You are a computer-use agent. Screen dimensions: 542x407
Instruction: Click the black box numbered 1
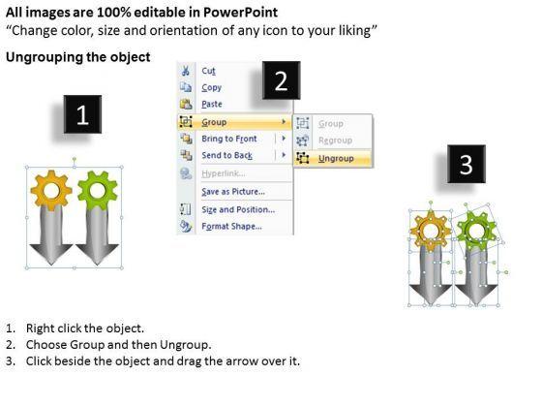coord(82,114)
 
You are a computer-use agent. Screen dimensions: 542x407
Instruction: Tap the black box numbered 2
coord(281,80)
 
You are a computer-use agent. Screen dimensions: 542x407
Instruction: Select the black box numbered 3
coord(467,164)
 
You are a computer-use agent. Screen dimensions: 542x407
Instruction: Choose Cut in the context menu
coord(208,71)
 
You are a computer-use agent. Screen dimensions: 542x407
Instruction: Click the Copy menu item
coord(212,87)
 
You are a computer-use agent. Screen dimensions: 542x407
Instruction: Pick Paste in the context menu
coord(212,105)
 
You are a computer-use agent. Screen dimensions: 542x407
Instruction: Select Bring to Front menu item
coord(229,139)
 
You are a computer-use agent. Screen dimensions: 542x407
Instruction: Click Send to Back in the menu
coord(227,155)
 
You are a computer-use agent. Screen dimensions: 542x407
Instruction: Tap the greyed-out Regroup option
coord(335,141)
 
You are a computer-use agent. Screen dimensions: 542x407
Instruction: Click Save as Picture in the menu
coord(233,192)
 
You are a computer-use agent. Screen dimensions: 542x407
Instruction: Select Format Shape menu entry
coord(231,227)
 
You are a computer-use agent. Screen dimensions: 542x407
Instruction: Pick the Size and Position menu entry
coord(238,209)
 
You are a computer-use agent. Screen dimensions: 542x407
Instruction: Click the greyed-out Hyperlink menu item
coord(224,173)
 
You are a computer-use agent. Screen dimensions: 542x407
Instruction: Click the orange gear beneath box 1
coord(51,190)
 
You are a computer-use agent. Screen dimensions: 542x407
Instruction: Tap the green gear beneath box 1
coord(98,190)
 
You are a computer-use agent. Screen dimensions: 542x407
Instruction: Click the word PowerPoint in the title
coord(240,13)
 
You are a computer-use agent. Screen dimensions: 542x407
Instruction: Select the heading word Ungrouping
coord(45,57)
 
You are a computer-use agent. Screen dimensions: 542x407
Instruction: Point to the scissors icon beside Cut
coord(186,71)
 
